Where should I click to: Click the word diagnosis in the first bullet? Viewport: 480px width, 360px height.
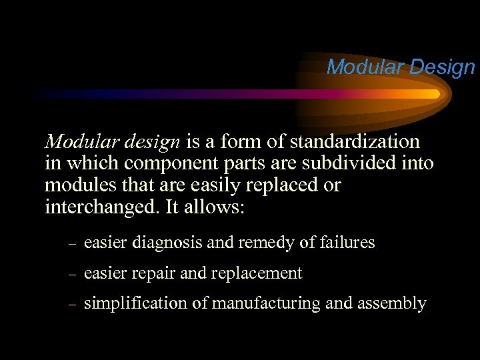169,243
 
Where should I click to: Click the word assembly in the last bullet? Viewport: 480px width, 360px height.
394,303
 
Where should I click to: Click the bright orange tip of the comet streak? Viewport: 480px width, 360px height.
435,94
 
